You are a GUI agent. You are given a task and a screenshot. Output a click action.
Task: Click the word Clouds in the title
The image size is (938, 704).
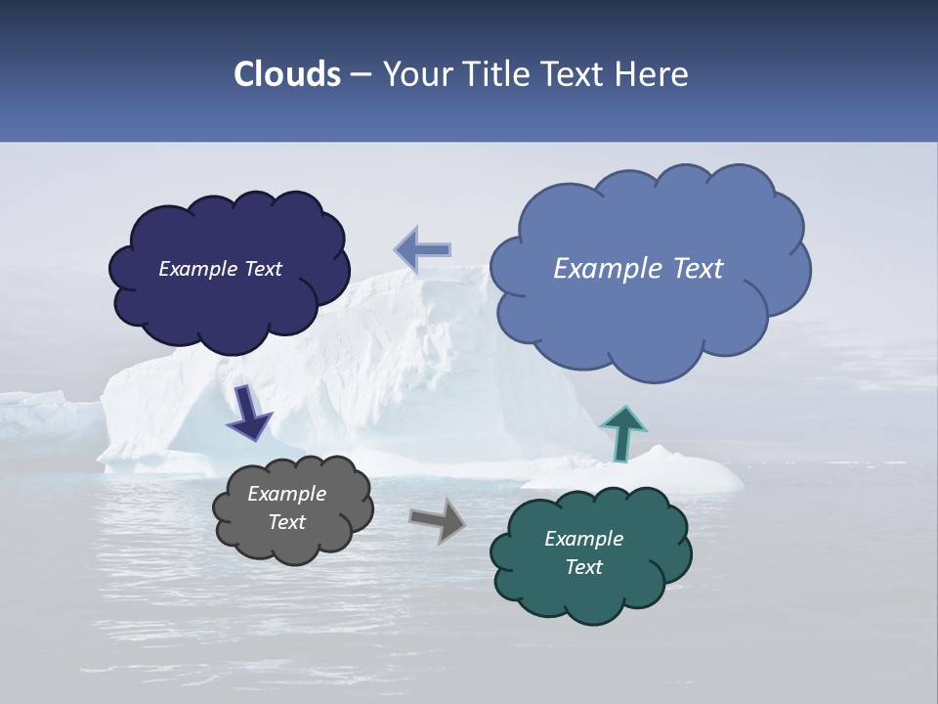point(287,74)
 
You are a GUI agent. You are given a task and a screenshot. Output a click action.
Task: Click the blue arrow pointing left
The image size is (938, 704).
point(423,249)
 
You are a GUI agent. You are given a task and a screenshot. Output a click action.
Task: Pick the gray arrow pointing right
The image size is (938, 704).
point(439,519)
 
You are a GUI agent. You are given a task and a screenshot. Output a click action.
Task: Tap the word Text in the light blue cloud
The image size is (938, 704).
point(697,269)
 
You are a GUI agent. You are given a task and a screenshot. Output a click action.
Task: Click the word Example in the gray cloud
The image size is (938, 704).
point(286,494)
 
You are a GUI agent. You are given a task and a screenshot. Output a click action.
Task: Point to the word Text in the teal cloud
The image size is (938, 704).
point(583,567)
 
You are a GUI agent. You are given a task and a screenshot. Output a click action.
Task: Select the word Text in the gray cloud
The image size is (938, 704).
point(286,522)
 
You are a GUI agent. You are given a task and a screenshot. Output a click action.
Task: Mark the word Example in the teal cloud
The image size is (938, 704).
point(583,539)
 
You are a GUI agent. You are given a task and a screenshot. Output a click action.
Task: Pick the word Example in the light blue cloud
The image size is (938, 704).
point(609,269)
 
